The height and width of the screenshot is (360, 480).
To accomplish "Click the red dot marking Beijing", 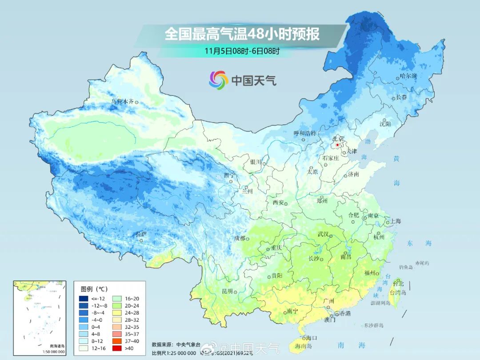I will click(337, 145).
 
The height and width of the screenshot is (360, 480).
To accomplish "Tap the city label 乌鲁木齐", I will click(122, 102).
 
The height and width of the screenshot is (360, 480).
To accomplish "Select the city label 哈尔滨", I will click(408, 76).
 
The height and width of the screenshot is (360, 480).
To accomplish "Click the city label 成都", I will click(240, 238).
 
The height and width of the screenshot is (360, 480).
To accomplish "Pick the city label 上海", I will click(395, 221).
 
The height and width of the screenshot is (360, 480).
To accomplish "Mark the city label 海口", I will click(312, 338).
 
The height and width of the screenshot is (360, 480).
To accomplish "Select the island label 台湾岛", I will click(398, 292).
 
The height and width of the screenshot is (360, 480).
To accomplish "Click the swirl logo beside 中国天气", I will click(218, 80).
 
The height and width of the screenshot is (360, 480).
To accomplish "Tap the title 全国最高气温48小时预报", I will click(242, 34).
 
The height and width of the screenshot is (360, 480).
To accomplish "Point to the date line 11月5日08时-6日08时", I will click(242, 51).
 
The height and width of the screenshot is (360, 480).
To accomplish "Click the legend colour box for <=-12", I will click(84, 298).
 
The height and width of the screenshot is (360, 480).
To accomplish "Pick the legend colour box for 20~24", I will click(117, 306).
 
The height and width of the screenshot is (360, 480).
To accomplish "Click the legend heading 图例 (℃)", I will click(94, 289).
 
